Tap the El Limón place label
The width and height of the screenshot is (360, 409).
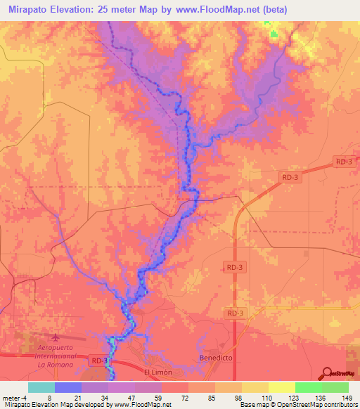pyautogui.click(x=157, y=372)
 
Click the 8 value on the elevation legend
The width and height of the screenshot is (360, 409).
pyautogui.click(x=49, y=398)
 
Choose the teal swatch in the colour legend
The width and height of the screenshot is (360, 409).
pyautogui.click(x=41, y=387)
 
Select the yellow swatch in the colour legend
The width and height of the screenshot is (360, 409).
pyautogui.click(x=281, y=387)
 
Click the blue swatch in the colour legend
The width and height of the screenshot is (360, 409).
pyautogui.click(x=67, y=387)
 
